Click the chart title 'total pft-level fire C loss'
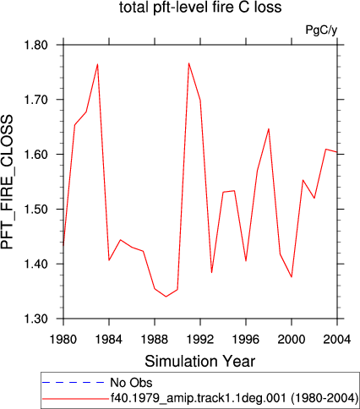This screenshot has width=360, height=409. [x=200, y=8]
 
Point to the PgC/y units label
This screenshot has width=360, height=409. [x=321, y=30]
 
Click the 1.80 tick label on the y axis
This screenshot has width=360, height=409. [x=36, y=45]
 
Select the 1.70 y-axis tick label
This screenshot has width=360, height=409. [x=36, y=100]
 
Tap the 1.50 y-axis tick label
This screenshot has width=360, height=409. [x=36, y=210]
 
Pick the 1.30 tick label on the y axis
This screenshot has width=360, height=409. [x=36, y=319]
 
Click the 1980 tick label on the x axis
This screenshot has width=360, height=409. [x=63, y=340]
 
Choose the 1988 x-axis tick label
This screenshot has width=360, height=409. [x=155, y=340]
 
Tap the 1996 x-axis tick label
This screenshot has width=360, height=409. [x=246, y=340]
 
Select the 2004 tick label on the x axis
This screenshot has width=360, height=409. [x=337, y=340]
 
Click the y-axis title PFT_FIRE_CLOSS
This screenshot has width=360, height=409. [x=8, y=182]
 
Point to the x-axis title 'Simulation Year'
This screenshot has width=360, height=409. [x=200, y=361]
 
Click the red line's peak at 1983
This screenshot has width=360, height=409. [x=97, y=64]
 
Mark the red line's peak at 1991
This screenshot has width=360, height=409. [x=188, y=63]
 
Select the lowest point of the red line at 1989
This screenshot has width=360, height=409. [x=166, y=297]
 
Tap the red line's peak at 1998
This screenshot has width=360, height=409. [x=269, y=128]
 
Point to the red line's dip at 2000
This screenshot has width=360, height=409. [x=292, y=277]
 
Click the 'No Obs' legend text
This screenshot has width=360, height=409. [x=131, y=383]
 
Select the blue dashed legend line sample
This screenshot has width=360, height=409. [x=74, y=382]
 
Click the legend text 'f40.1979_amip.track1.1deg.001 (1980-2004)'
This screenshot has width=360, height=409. [x=234, y=398]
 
